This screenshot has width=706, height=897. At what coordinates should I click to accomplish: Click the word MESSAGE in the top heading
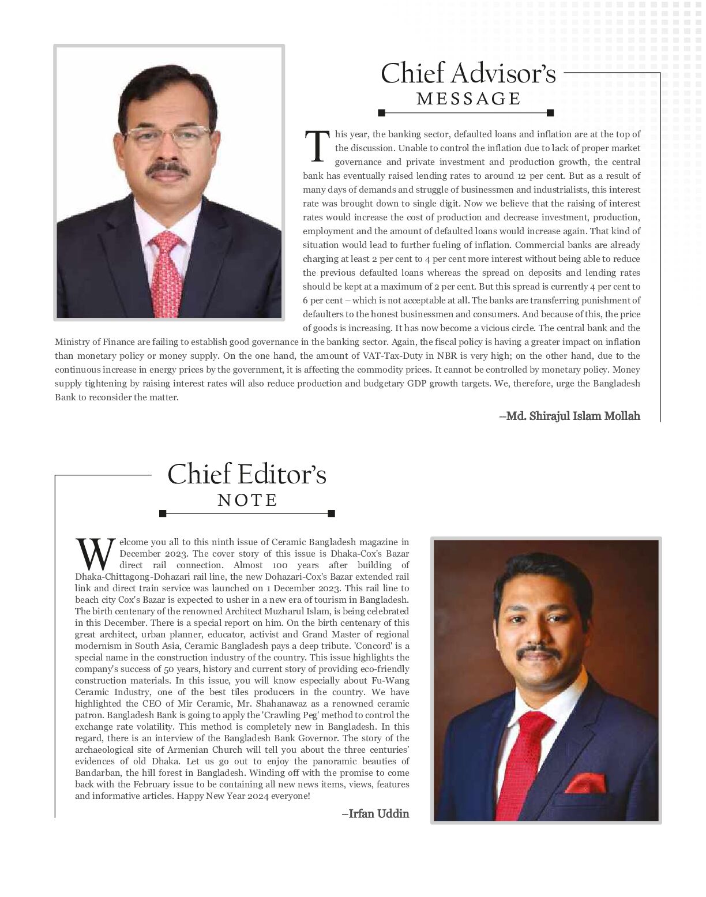coord(468,99)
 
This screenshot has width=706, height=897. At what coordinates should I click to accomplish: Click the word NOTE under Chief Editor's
coord(247,500)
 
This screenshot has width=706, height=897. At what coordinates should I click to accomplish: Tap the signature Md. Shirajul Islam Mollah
coord(570,415)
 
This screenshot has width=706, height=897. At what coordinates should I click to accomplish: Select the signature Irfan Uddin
coord(375,813)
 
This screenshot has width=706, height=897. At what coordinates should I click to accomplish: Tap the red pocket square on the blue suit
coord(585,784)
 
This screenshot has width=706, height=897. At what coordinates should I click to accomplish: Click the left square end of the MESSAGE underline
coord(381,113)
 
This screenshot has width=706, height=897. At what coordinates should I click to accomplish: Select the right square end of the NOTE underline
coord(331,513)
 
